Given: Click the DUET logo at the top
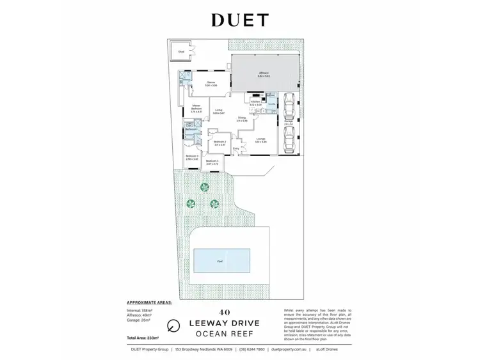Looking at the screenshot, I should pos(240,20).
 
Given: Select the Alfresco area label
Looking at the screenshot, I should pos(264,74).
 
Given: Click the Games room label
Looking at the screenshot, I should pos(211,83).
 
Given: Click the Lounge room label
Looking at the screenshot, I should pos(260,139).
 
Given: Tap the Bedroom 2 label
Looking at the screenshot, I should pos(220,142).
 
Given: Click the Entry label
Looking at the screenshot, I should pos(236,149).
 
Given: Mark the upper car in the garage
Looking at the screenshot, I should pos(289,102).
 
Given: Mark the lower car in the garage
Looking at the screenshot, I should pos(289,136).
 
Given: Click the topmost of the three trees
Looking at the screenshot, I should pos(204,187).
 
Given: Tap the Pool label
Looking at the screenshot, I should pos(220,262).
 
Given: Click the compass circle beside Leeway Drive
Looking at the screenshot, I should pos(172,325).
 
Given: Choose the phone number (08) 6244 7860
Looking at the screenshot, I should pos(252,350).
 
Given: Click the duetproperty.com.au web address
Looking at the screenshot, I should pos(290,350).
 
